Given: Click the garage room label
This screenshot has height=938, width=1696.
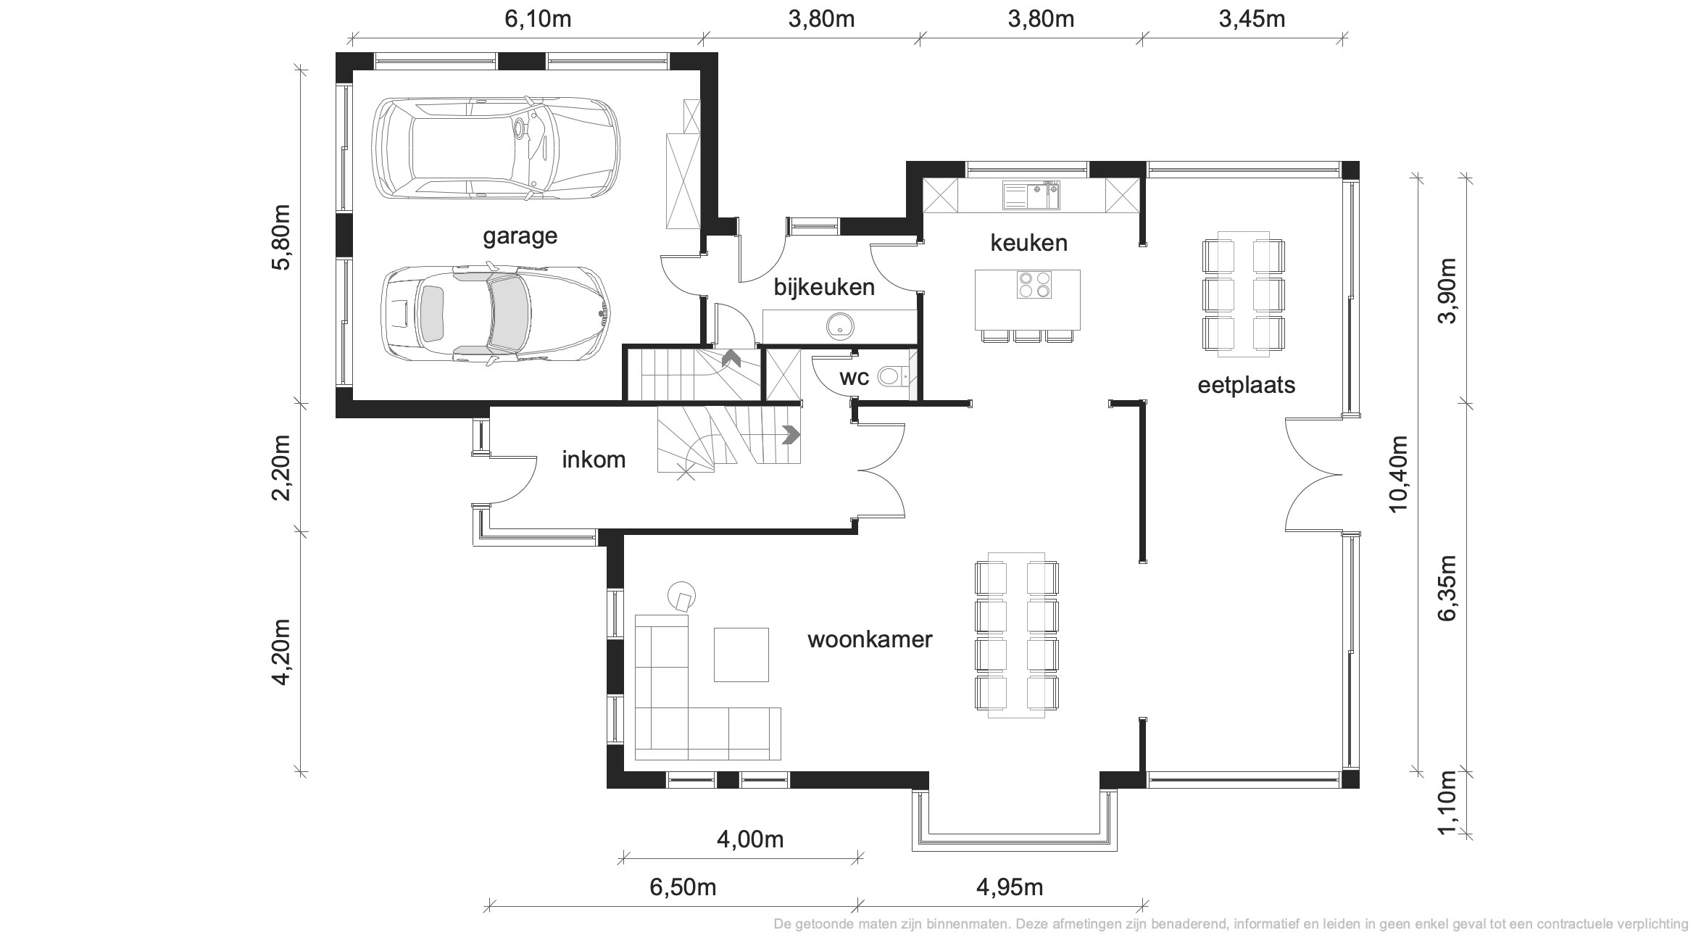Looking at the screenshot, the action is (x=520, y=237).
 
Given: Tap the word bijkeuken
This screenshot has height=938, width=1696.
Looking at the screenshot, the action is (x=824, y=287).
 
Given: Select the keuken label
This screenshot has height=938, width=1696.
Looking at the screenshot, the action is (x=1028, y=243).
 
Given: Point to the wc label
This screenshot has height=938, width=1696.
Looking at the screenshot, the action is (x=854, y=378).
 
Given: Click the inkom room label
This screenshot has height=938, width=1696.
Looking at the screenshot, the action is (x=594, y=460).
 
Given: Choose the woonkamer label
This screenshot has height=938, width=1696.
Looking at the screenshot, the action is (x=870, y=639).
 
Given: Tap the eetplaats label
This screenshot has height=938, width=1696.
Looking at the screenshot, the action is (x=1246, y=385).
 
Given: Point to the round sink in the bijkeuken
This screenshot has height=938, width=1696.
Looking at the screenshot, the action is (x=841, y=326).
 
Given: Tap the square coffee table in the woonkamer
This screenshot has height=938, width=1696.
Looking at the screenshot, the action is (x=741, y=655).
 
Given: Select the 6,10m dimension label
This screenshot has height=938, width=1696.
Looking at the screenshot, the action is (x=538, y=19).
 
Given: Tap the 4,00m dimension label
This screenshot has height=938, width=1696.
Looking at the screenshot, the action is (x=750, y=839).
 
